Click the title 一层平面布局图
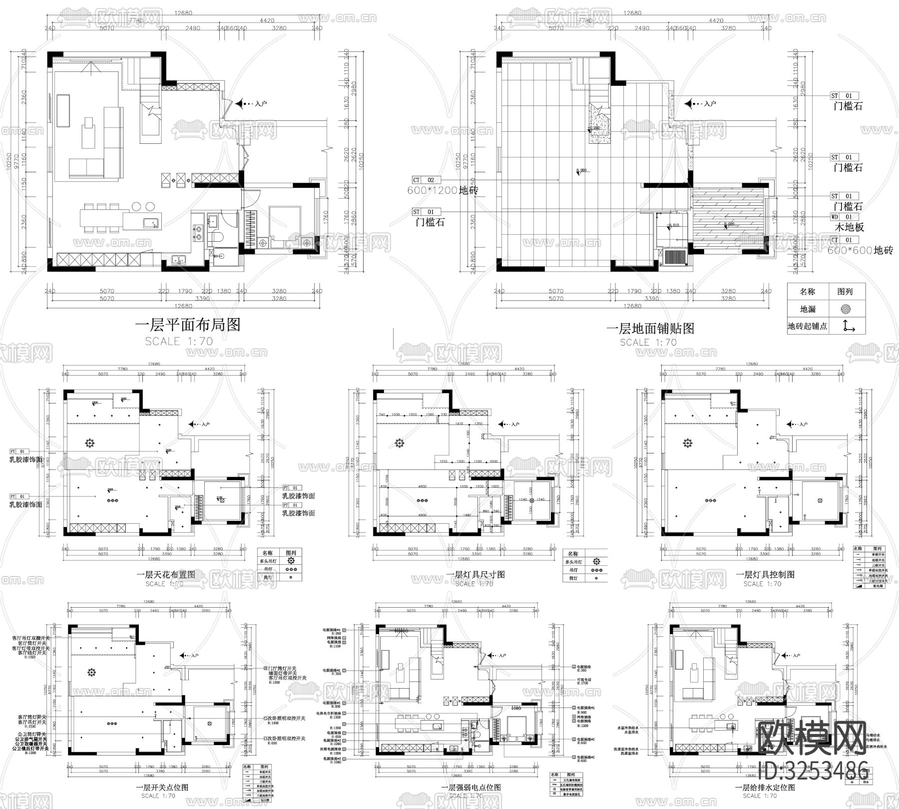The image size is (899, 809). click(x=188, y=325)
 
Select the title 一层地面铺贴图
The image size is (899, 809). click(x=650, y=328)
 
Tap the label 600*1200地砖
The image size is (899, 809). click(x=443, y=190)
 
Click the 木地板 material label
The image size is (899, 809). click(x=850, y=227)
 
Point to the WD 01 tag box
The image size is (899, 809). click(x=842, y=217)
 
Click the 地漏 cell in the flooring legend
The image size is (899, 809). click(x=808, y=309)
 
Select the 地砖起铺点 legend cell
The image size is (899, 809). click(x=808, y=326)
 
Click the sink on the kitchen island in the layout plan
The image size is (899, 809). click(x=150, y=223)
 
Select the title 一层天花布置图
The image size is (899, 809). click(x=166, y=574)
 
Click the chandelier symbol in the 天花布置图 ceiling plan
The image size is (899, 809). click(x=90, y=443)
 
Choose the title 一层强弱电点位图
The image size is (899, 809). click(x=470, y=788)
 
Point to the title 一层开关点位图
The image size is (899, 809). click(x=162, y=788)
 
